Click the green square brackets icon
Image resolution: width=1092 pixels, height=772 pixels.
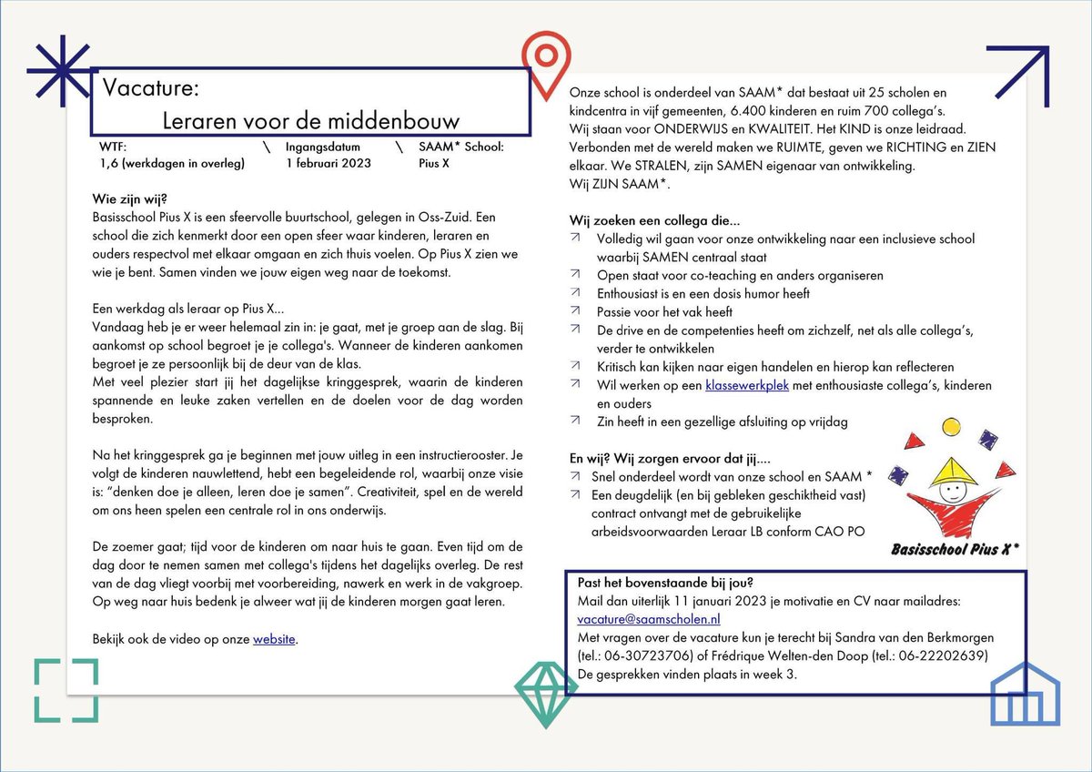[66, 690]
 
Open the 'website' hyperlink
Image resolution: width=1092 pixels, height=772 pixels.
[274, 639]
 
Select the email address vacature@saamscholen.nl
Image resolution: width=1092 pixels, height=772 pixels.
[649, 618]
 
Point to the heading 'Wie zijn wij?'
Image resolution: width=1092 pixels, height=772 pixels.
[130, 199]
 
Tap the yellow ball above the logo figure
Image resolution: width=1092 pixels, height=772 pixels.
[952, 426]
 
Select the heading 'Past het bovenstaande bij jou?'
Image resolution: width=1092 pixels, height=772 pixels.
[665, 582]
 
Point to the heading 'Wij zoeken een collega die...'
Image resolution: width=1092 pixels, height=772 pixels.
[654, 220]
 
